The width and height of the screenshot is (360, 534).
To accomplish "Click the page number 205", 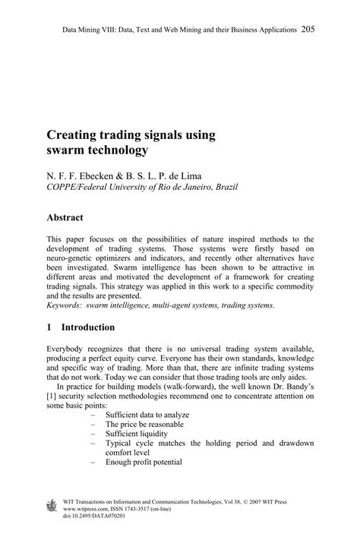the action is coord(308,29).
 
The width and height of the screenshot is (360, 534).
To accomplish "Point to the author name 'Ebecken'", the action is coord(94,173).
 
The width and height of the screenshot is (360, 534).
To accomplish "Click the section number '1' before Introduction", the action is coord(49,327).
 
